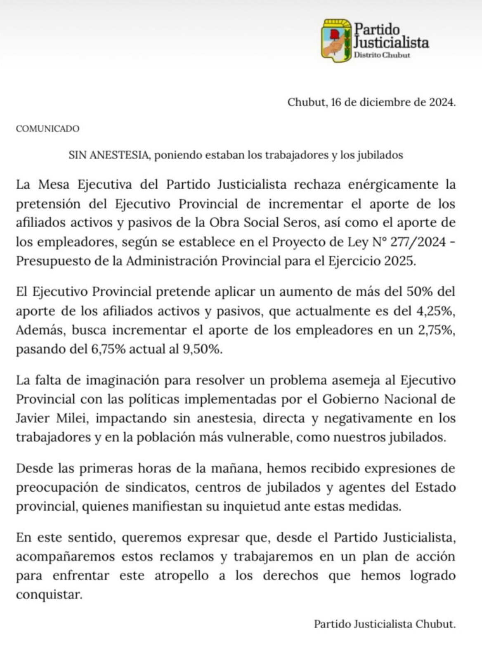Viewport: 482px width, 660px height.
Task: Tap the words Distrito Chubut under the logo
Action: pos(382,55)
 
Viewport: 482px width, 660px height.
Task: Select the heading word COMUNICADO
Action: pos(47,129)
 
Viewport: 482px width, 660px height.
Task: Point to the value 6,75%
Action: pos(108,350)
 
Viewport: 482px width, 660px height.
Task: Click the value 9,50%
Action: pos(201,350)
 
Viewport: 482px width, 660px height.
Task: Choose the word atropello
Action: pos(181,575)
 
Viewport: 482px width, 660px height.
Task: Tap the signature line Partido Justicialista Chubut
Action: pos(385,624)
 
